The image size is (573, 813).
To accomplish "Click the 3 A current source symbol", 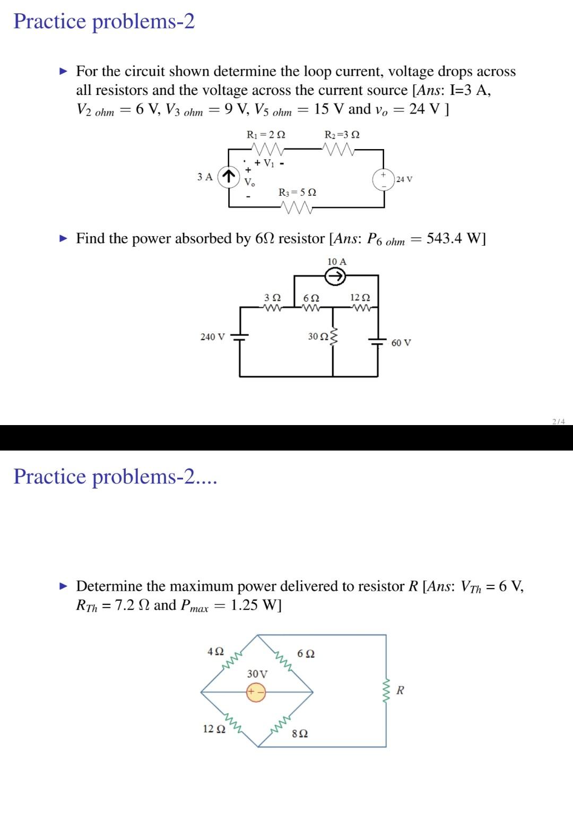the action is pyautogui.click(x=228, y=176).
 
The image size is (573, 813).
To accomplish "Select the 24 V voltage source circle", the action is pyautogui.click(x=383, y=179).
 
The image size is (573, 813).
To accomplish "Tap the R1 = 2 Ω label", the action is pyautogui.click(x=266, y=135).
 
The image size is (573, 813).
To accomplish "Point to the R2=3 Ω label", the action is pyautogui.click(x=342, y=135).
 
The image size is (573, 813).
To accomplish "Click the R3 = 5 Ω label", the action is pyautogui.click(x=297, y=192).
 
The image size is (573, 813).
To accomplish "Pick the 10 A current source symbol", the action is pyautogui.click(x=335, y=276).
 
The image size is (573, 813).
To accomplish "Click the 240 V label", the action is pyautogui.click(x=212, y=337).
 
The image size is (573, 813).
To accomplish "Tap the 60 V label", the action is pyautogui.click(x=401, y=343).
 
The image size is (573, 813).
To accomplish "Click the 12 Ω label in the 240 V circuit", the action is pyautogui.click(x=360, y=298).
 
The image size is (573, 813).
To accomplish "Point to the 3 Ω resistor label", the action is pyautogui.click(x=272, y=298).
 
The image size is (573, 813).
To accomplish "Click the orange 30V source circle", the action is pyautogui.click(x=256, y=693).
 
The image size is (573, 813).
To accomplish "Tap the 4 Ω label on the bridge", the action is pyautogui.click(x=215, y=651).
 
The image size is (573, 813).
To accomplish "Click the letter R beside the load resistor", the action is pyautogui.click(x=400, y=690).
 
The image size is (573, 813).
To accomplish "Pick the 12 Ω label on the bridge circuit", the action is pyautogui.click(x=214, y=729).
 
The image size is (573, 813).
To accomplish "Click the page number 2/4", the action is pyautogui.click(x=558, y=421).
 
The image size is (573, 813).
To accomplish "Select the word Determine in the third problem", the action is pyautogui.click(x=109, y=586).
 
